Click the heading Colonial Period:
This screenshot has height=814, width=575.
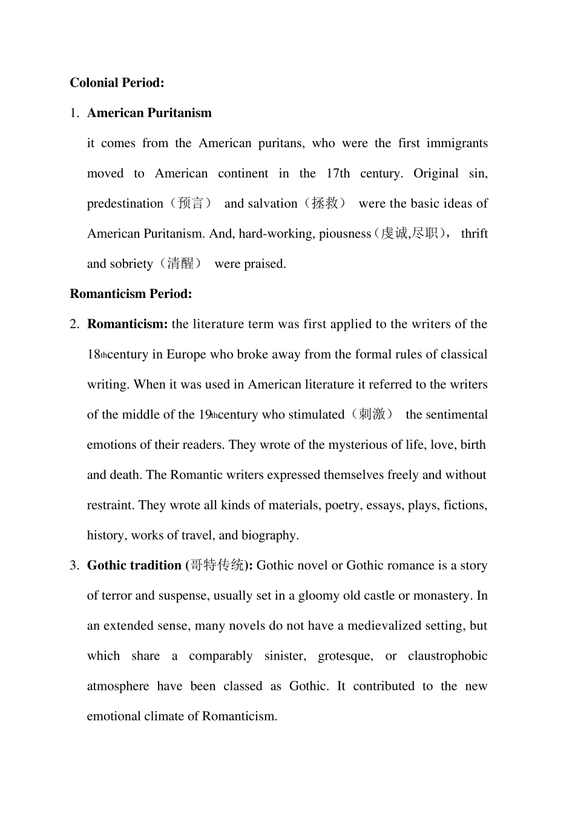tap(117, 83)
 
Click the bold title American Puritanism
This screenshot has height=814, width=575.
tap(149, 113)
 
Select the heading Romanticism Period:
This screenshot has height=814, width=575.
tap(131, 294)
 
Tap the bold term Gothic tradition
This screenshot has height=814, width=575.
tap(134, 566)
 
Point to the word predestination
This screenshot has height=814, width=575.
tap(125, 204)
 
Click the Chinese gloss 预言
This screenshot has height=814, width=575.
tap(191, 203)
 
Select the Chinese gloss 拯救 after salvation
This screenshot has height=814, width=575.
tap(325, 203)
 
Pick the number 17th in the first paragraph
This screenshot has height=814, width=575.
tap(338, 174)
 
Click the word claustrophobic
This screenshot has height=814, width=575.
tap(447, 657)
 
